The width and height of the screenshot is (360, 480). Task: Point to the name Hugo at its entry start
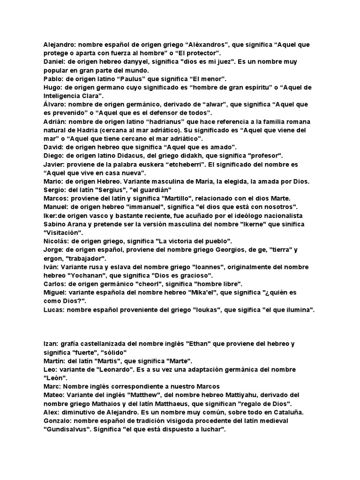coord(52,88)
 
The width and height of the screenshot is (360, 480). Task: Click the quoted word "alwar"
coord(204,105)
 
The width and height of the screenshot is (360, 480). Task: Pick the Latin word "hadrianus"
coord(149,121)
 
